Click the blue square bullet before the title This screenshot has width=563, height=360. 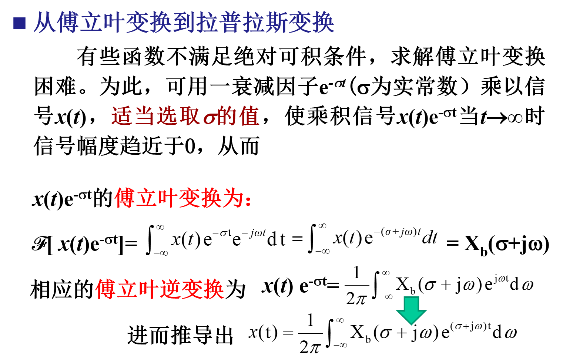click(19, 23)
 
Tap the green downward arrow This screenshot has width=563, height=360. click(411, 310)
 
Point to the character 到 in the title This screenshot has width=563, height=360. click(184, 23)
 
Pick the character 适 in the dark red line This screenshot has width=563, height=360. click(122, 116)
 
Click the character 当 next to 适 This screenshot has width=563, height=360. click(144, 116)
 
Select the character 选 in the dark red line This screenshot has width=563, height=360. click(167, 116)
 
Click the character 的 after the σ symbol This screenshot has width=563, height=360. click(227, 116)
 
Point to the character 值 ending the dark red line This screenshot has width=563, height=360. click(249, 116)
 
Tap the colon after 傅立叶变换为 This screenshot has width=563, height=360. click(248, 200)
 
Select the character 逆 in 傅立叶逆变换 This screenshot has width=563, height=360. click(170, 289)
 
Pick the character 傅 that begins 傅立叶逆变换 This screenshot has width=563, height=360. click(106, 289)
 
